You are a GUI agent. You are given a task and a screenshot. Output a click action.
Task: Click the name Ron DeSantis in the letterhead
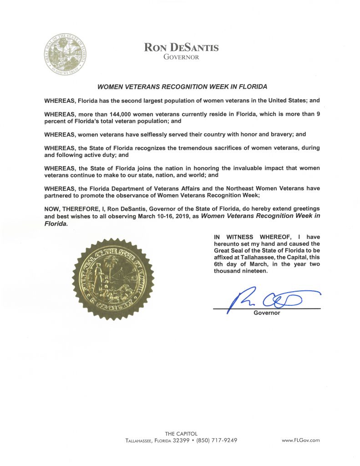click(181, 47)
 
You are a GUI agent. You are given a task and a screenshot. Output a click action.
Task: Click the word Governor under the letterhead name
click(181, 57)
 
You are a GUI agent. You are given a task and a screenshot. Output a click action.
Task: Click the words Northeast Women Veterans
click(262, 188)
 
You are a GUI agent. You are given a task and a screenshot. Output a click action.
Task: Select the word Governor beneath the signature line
click(267, 313)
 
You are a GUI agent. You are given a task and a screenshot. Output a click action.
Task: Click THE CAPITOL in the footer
click(181, 433)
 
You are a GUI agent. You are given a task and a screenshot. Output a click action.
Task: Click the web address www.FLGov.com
click(301, 441)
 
